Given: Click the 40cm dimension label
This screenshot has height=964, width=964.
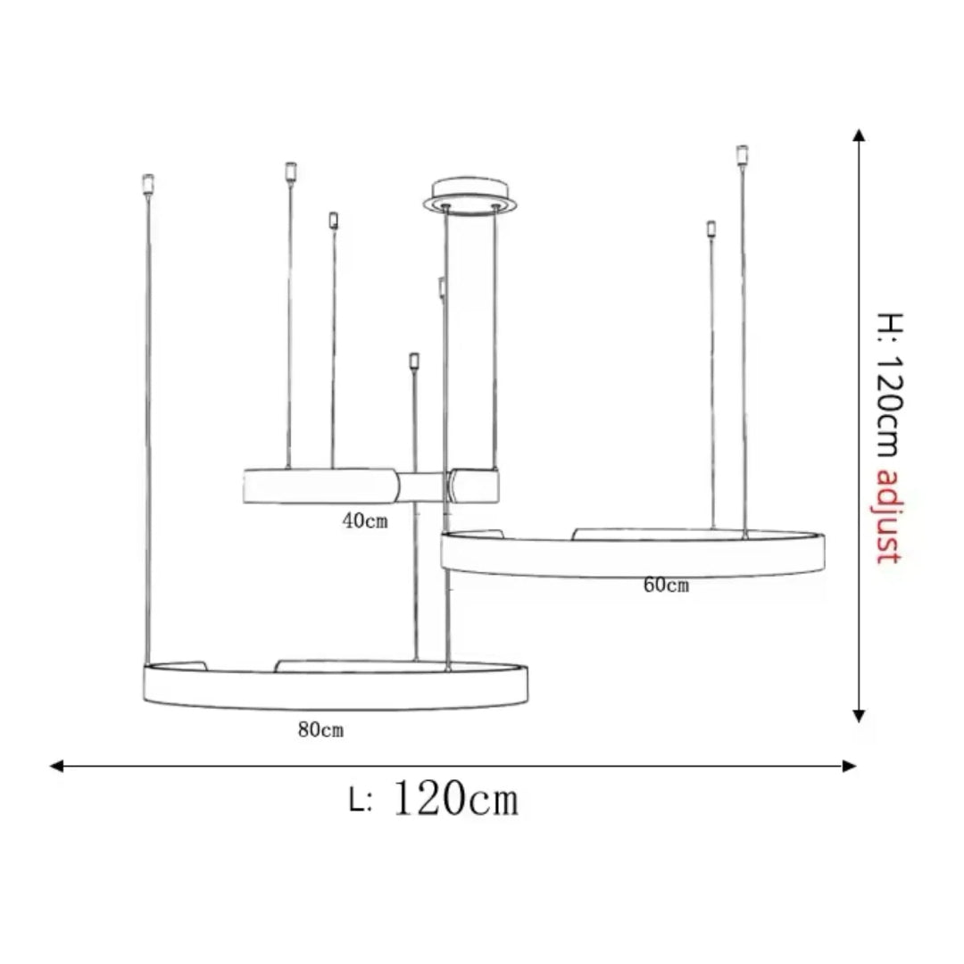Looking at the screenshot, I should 365,521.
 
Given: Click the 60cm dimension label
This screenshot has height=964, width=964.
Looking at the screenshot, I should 666,586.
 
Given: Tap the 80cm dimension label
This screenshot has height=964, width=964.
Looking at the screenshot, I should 321,730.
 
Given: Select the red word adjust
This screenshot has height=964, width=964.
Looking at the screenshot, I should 887,517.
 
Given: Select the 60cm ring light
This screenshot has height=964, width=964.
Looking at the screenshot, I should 633,553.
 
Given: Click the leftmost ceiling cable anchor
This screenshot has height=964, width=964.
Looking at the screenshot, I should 148,184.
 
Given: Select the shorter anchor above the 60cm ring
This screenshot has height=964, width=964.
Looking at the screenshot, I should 711,229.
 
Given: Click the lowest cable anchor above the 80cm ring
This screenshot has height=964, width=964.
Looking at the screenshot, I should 413,361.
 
